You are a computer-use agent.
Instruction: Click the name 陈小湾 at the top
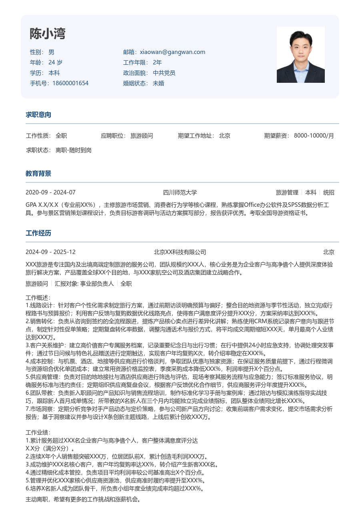pos(47,34)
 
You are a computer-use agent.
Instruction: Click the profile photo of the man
pos(300,55)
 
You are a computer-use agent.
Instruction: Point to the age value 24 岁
pos(55,62)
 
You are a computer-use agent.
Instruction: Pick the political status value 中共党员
pos(164,73)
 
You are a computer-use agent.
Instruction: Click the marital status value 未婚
pos(158,83)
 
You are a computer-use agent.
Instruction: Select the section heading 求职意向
pos(38,115)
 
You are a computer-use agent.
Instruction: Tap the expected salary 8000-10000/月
pos(314,136)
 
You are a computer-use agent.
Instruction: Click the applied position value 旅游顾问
pos(142,136)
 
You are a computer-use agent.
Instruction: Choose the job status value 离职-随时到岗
pos(74,150)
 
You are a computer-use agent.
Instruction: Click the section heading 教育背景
pos(38,174)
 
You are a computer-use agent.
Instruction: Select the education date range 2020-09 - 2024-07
pos(50,192)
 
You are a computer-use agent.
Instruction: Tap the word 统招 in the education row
pos(329,192)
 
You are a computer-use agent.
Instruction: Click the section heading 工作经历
pos(38,233)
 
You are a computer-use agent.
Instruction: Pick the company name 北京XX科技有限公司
pos(180,252)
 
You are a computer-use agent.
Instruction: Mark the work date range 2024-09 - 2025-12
pos(50,252)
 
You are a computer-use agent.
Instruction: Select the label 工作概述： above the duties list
pos(38,298)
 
